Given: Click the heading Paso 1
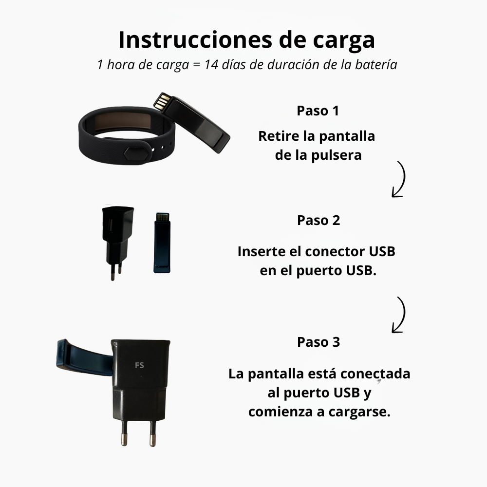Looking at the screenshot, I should (x=318, y=111).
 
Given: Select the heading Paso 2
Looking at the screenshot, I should (x=318, y=220).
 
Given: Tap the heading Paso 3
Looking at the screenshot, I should (x=318, y=342).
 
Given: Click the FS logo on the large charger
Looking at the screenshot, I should (x=139, y=365).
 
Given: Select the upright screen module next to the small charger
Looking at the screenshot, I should (x=162, y=242).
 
